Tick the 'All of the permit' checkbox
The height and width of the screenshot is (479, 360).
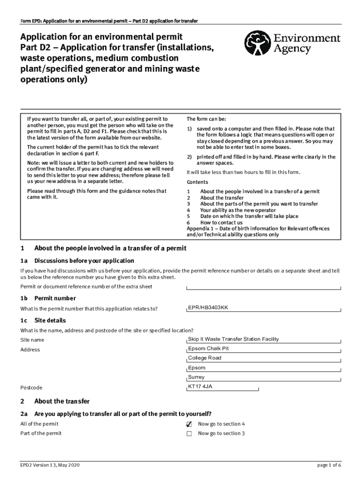coord(189,424)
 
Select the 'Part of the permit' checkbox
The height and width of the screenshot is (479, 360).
coord(189,434)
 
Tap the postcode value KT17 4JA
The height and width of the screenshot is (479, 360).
coord(200,386)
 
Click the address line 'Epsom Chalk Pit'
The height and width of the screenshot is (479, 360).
coord(208,348)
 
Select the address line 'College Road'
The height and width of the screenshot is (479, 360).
coord(204,358)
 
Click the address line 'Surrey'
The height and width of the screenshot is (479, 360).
coord(196,377)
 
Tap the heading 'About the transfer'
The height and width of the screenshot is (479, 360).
coord(62,401)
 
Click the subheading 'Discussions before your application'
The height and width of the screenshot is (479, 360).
coord(84,261)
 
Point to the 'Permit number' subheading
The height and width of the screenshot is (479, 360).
coord(55,298)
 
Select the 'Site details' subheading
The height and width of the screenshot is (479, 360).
coord(50,320)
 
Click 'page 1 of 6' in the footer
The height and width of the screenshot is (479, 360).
coord(329,465)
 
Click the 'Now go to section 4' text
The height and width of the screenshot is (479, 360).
coord(221,424)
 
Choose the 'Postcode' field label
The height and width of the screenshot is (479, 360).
coord(31,388)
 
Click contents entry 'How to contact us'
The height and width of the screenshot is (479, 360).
coord(221,223)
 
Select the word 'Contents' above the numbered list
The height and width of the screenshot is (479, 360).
coord(197,182)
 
